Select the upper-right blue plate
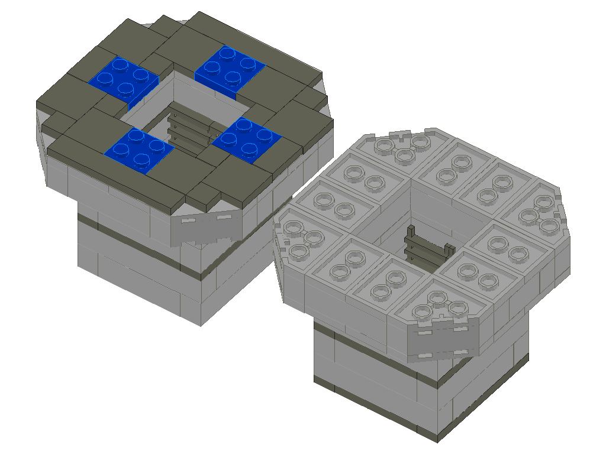point(229,66)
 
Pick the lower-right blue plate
point(247,140)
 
